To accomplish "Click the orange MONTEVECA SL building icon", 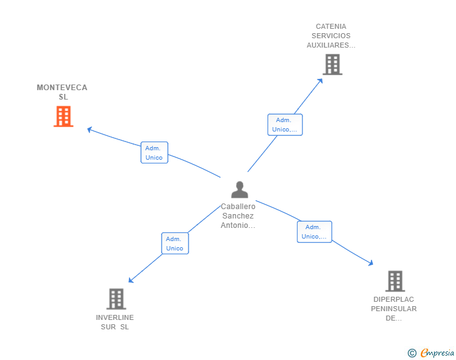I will [63, 116].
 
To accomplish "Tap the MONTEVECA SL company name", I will [62, 92].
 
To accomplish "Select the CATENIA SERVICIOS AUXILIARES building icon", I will [332, 64].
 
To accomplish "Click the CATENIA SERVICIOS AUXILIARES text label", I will [331, 36].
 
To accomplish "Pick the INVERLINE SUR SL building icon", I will [116, 299].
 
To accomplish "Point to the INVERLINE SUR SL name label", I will [115, 322].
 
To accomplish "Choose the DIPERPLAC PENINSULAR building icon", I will [395, 281].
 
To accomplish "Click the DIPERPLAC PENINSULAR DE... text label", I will [393, 308].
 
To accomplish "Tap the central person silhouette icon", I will [239, 189].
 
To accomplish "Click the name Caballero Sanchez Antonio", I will [238, 216].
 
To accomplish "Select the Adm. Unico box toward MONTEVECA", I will [154, 153].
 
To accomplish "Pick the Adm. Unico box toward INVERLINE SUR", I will [175, 244].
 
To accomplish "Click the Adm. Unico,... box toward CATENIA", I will [285, 125].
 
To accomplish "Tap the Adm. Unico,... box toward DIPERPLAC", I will [314, 232].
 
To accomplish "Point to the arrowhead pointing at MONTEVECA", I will [89, 130].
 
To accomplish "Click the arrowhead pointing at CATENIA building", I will [321, 80].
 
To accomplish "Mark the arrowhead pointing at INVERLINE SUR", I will [130, 281].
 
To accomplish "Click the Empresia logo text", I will [438, 353].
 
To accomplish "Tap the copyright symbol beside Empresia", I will [412, 353].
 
